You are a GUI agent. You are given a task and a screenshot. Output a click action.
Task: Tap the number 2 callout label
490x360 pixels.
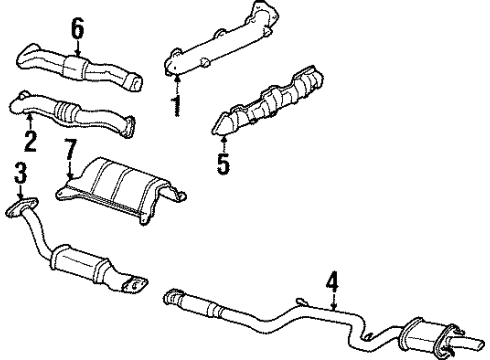[30, 140]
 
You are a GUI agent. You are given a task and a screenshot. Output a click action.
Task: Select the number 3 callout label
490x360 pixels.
[19, 175]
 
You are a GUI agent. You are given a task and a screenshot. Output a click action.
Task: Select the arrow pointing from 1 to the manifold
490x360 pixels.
[177, 83]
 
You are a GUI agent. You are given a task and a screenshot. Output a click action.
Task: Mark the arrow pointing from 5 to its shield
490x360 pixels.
[223, 137]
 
